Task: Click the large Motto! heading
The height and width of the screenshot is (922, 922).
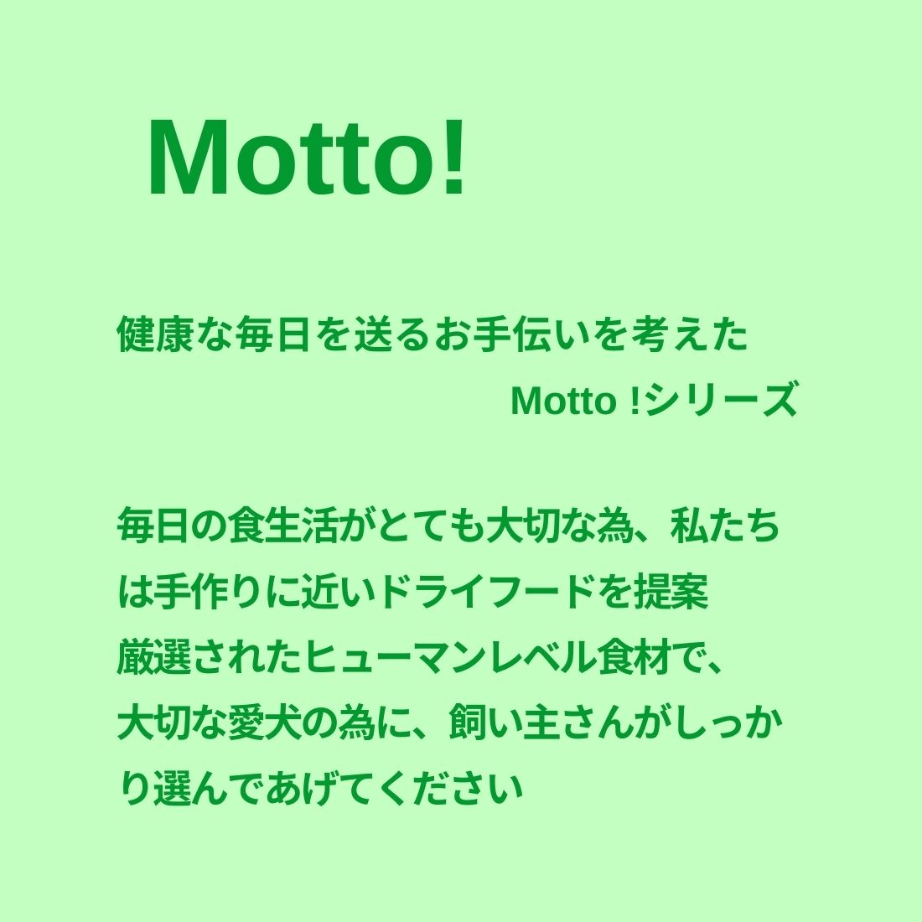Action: pos(307,158)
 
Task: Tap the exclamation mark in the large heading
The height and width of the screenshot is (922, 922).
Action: pos(454,158)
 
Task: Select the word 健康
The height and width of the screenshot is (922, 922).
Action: pos(156,335)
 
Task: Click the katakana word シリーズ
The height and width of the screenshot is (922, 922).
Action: pos(720,401)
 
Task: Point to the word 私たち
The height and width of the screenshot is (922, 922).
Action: pos(724,525)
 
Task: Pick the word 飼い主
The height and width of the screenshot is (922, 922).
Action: pos(505,723)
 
